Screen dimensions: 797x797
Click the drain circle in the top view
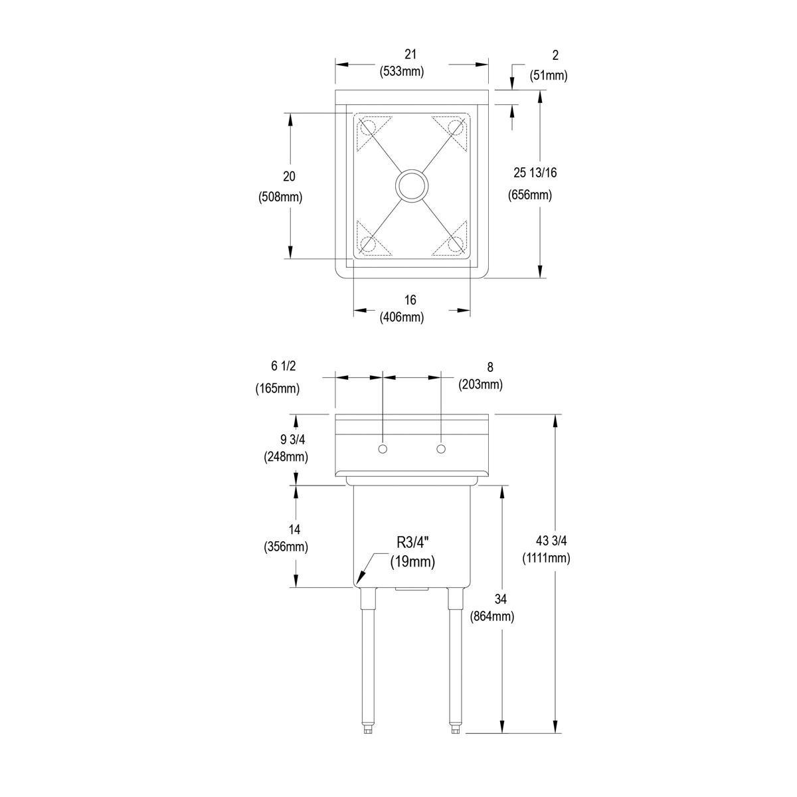pyautogui.click(x=412, y=185)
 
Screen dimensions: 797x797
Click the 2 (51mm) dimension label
pyautogui.click(x=548, y=64)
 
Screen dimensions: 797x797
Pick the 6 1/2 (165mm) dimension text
pyautogui.click(x=278, y=377)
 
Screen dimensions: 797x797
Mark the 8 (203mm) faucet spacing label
pyautogui.click(x=480, y=376)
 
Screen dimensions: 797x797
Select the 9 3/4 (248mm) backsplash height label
pyautogui.click(x=286, y=448)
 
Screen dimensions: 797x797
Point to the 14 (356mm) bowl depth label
pyautogui.click(x=286, y=538)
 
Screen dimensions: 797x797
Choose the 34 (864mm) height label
pyautogui.click(x=491, y=608)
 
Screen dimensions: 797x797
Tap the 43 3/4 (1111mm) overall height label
pyautogui.click(x=546, y=549)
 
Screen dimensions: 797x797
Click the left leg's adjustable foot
pyautogui.click(x=367, y=729)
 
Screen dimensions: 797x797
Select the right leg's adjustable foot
pyautogui.click(x=455, y=729)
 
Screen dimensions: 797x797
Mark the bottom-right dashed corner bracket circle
pyautogui.click(x=455, y=244)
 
